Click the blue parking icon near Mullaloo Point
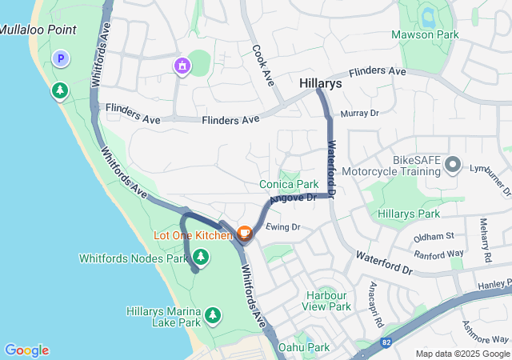[x=60, y=58]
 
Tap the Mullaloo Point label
[x=38, y=30]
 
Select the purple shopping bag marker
[x=182, y=65]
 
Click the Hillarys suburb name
[x=321, y=82]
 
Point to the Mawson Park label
[x=425, y=35]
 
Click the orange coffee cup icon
[x=244, y=234]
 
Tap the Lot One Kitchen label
[x=193, y=235]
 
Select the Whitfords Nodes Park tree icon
[x=202, y=257]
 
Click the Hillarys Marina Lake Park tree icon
[x=213, y=315]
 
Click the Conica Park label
[x=289, y=184]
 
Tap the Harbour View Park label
[x=328, y=301]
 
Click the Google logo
[x=27, y=350]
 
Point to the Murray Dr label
[x=358, y=114]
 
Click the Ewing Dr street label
[x=283, y=227]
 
